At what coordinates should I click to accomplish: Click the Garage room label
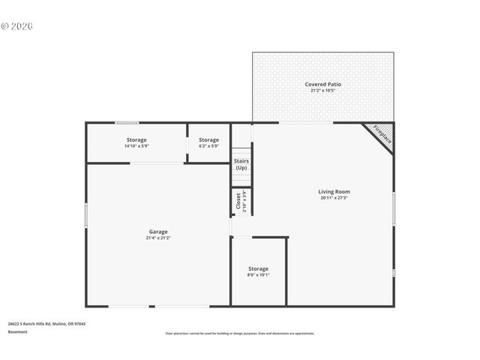coord(157,232)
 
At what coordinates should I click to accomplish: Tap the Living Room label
coord(334,192)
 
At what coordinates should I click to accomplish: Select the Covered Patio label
coord(322,85)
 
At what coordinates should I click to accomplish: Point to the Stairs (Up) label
coord(241,164)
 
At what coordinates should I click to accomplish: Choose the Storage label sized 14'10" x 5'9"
coord(136,140)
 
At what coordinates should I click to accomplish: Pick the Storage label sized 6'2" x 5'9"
coord(208,140)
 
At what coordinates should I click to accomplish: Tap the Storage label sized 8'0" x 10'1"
coord(258,268)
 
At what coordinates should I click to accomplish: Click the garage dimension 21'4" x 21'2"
coord(157,238)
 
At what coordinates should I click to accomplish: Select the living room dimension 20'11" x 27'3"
coord(334,199)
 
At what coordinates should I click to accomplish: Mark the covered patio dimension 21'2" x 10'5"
coord(322,91)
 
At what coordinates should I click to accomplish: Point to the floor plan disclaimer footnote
coord(239,334)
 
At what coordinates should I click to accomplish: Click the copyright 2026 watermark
coord(17,26)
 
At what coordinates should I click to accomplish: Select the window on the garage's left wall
coord(86,215)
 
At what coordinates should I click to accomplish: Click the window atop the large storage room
coord(126,122)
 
